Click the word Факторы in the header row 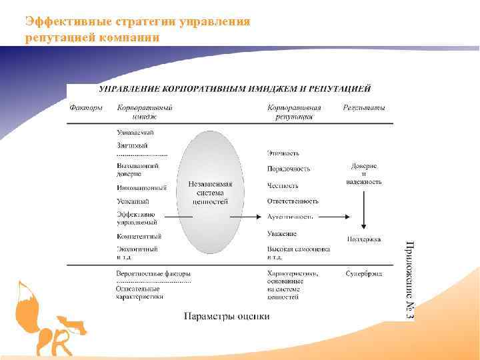pos(87,107)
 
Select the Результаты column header pos(364,107)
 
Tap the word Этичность pos(283,153)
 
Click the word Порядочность pos(288,169)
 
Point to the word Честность pos(283,186)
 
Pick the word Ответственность pos(293,201)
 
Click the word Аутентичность pos(290,217)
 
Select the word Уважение pos(282,234)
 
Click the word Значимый pos(132,145)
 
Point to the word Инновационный pos(141,188)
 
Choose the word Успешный pos(133,201)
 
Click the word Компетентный pos(139,236)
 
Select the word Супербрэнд pos(364,273)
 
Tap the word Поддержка pos(364,239)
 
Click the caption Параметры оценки pos(227,315)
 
